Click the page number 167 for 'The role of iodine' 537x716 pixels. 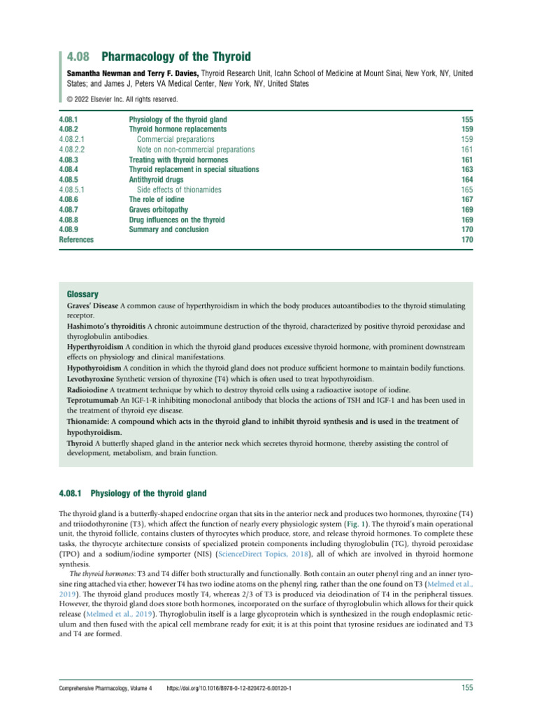point(467,199)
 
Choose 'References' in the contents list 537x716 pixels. point(76,240)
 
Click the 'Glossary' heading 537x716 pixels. point(82,294)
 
